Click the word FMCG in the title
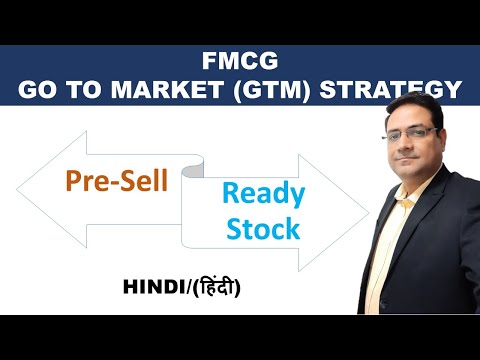[240, 61]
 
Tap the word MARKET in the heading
[168, 89]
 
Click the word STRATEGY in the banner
[390, 89]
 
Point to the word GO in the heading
[37, 89]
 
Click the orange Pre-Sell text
[117, 180]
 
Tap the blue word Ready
[263, 195]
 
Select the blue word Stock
[263, 228]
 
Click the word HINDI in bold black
[154, 287]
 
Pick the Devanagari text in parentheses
[216, 286]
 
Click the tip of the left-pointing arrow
[17, 190]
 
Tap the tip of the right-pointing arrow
[369, 213]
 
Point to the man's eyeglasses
[409, 133]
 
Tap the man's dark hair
[415, 108]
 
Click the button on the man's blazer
[383, 304]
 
